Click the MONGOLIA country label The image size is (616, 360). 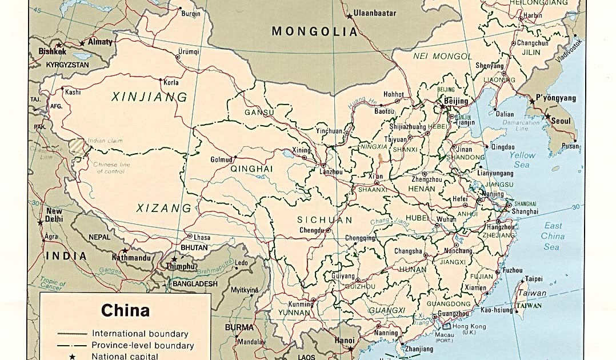[x=315, y=31]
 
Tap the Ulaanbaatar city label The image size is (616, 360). [x=374, y=12]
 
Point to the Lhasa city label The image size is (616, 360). [x=202, y=237]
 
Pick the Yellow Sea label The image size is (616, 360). [x=522, y=160]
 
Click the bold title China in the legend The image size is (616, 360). [x=125, y=310]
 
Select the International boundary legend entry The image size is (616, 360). [x=139, y=334]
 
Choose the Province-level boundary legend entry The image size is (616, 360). [x=142, y=345]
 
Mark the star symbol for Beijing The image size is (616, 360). [x=442, y=106]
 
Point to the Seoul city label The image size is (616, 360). [x=561, y=121]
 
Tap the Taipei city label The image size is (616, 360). [x=533, y=279]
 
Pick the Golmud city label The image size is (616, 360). [x=221, y=159]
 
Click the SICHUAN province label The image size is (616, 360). [x=325, y=220]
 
